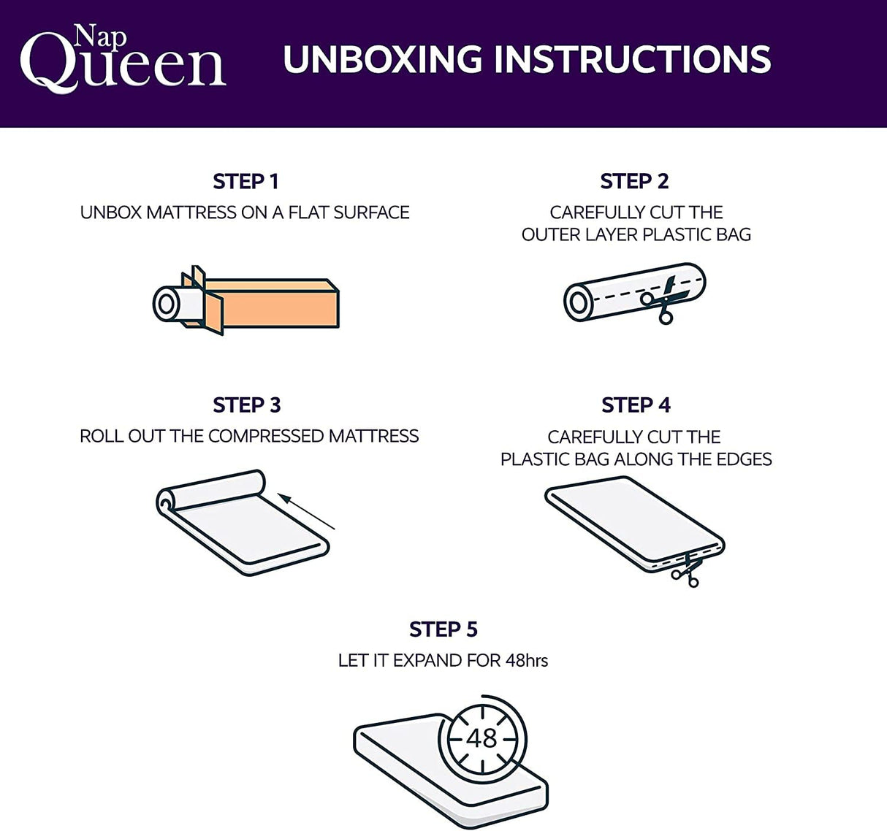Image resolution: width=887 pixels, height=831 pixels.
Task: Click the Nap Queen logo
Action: point(122,60)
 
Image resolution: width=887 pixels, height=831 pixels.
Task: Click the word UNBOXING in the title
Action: point(382,60)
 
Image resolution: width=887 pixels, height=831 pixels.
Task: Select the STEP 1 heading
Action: point(245,181)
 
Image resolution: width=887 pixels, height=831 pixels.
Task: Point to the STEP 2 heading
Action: point(634,181)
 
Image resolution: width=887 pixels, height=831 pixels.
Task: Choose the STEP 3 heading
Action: point(246,405)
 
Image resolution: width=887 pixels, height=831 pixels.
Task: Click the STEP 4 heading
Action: point(636,405)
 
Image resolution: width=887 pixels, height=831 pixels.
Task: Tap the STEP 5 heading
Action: point(443,629)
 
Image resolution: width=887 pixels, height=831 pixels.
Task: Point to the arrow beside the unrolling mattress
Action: point(307,511)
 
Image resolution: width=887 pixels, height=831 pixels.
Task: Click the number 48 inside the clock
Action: point(482,738)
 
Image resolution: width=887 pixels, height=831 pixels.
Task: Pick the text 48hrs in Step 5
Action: point(526,661)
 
